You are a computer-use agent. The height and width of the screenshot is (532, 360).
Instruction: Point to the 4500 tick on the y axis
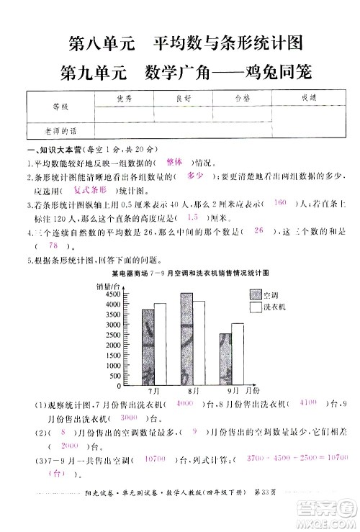pos(110,294)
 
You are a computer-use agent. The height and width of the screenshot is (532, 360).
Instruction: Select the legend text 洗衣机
pos(276,307)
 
